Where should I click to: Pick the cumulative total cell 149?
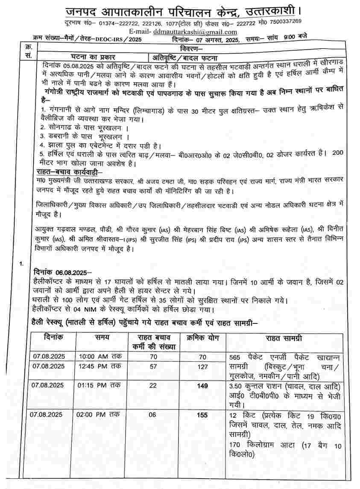pos(202,386)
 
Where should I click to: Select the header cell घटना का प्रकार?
pos(93,57)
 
